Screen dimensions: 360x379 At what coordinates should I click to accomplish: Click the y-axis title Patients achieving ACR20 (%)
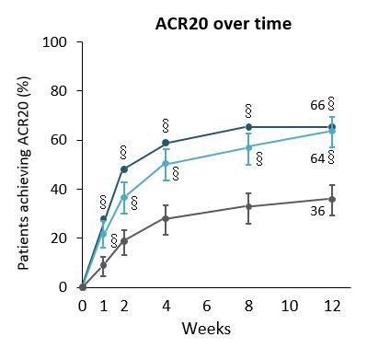[24, 164]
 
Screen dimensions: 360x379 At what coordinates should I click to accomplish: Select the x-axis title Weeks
[206, 328]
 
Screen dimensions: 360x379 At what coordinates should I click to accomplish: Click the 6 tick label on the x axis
[206, 304]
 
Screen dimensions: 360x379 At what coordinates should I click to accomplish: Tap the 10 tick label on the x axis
[289, 304]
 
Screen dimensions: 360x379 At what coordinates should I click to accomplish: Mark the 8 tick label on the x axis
[247, 304]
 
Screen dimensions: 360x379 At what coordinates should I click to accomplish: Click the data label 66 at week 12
[317, 105]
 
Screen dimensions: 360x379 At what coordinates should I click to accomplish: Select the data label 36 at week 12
[317, 211]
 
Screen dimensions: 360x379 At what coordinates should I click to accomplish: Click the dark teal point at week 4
[165, 143]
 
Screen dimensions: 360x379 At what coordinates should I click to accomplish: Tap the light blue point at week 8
[247, 147]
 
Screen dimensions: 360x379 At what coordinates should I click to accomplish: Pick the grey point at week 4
[165, 218]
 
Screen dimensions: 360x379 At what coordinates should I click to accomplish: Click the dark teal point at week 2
[123, 169]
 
